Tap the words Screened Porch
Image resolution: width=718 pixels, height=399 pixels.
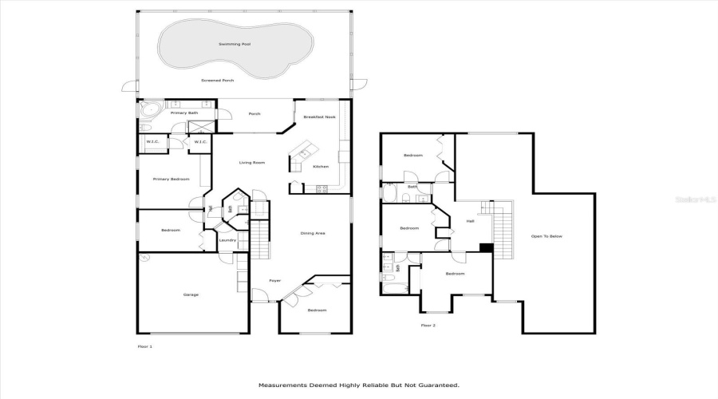[218, 81]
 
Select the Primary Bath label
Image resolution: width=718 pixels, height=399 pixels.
[184, 113]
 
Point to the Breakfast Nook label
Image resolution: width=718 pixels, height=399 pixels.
[319, 117]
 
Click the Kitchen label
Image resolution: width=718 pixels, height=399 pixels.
[321, 167]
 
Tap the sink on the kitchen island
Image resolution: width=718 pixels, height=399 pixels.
[304, 152]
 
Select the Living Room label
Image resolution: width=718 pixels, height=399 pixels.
[252, 163]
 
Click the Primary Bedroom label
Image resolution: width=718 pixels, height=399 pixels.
[171, 179]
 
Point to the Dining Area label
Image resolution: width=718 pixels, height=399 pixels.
[313, 233]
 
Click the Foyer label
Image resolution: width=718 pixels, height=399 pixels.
[274, 281]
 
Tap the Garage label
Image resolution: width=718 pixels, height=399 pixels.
[191, 294]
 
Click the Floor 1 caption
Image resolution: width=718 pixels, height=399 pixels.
[144, 346]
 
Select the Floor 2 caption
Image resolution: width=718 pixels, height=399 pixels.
[428, 325]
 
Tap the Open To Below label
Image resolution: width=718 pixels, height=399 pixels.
[547, 236]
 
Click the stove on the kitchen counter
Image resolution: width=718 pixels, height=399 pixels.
[322, 189]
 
